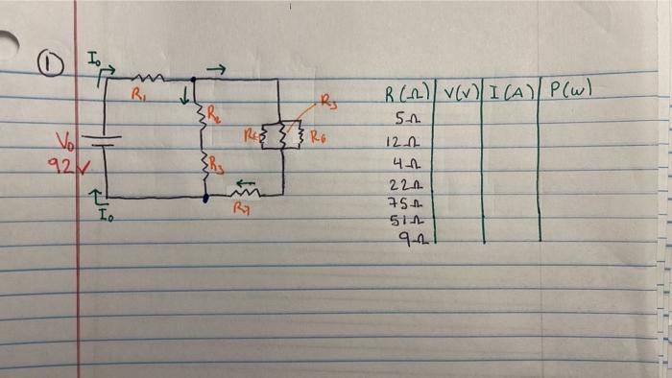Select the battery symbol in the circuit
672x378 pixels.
[105, 140]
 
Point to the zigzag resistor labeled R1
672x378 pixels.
[151, 77]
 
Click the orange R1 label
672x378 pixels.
[138, 94]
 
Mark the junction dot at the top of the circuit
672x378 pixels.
[194, 80]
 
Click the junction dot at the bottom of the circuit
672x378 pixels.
[206, 198]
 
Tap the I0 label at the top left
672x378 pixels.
[93, 60]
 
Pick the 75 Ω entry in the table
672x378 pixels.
[398, 201]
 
